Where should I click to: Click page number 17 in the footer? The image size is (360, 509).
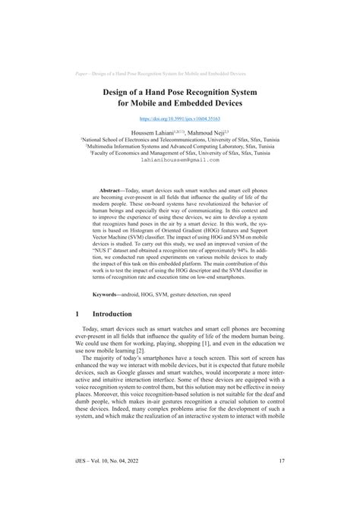click(x=282, y=482)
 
